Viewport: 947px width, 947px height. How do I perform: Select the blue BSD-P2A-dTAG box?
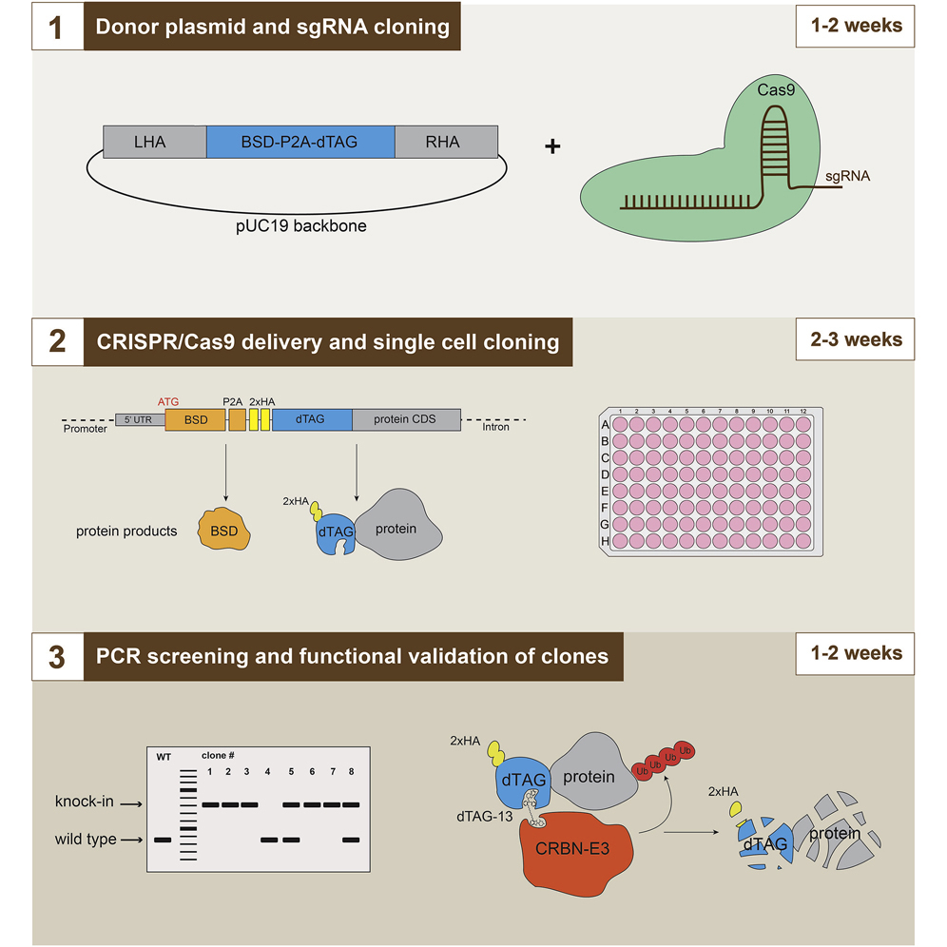(300, 143)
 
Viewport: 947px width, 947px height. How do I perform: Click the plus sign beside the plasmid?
(552, 146)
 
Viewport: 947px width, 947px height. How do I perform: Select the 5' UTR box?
(140, 419)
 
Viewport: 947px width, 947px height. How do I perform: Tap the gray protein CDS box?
(406, 419)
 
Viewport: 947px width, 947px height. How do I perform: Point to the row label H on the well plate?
(605, 540)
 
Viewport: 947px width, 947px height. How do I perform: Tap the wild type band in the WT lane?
(163, 840)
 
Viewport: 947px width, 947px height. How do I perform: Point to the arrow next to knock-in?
(134, 803)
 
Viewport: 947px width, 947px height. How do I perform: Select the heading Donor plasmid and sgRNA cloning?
(275, 27)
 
